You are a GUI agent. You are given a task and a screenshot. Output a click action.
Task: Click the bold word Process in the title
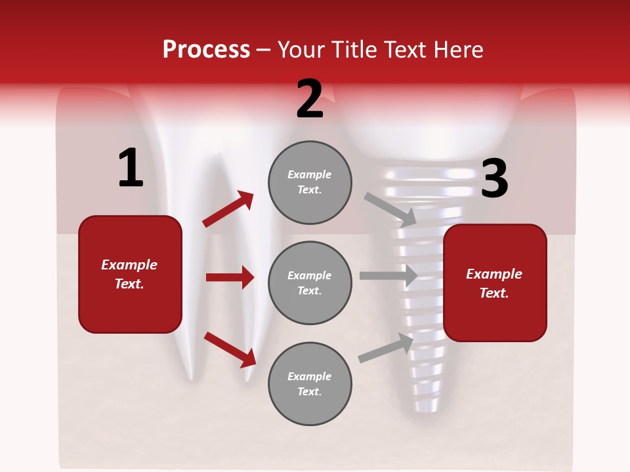coord(206,49)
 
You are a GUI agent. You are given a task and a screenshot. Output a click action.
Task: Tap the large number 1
coord(131,168)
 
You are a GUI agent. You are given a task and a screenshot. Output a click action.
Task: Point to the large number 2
coord(310,99)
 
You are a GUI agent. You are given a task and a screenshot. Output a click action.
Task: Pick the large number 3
coord(494,179)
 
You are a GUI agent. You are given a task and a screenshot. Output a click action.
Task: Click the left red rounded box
coord(130,274)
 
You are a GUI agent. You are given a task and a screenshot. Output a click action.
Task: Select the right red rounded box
coord(495,283)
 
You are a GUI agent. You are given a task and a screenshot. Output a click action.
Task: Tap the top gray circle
coord(310,182)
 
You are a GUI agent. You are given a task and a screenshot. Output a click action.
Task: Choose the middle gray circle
coord(310,283)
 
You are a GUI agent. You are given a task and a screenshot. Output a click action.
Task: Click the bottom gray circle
coord(310,384)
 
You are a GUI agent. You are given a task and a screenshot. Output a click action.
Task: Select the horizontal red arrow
coord(230,277)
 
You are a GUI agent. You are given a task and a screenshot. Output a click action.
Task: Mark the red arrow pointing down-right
coord(230,349)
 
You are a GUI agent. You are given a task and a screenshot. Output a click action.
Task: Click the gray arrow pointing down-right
coord(390,209)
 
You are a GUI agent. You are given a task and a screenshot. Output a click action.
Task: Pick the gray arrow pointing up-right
coord(386,348)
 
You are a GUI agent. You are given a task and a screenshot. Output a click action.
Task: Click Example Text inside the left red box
coord(130,274)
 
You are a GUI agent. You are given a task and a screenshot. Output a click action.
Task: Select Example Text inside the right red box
coord(495,283)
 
